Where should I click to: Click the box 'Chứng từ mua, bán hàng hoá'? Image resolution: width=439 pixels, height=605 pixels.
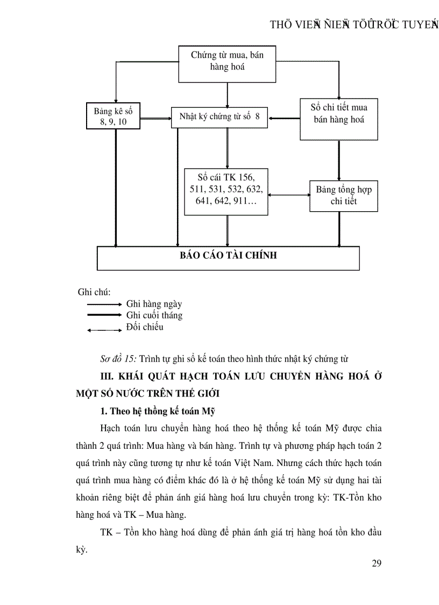pyautogui.click(x=227, y=61)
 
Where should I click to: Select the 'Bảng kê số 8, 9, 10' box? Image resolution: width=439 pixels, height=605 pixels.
pyautogui.click(x=114, y=116)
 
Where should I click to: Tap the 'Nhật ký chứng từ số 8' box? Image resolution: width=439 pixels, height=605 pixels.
pyautogui.click(x=219, y=117)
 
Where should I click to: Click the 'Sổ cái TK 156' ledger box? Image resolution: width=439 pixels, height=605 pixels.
pyautogui.click(x=226, y=192)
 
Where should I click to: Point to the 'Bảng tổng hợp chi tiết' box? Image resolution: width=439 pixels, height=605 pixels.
pyautogui.click(x=343, y=196)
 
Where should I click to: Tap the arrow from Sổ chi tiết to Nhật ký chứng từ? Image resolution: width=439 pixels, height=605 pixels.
pyautogui.click(x=284, y=117)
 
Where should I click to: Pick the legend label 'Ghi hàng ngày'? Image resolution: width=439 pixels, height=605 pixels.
pyautogui.click(x=154, y=304)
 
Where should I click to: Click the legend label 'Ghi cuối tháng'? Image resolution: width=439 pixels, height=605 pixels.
pyautogui.click(x=154, y=315)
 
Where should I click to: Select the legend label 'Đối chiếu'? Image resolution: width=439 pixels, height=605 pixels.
pyautogui.click(x=145, y=327)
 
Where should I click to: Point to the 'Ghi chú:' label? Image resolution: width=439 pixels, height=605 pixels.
pyautogui.click(x=94, y=293)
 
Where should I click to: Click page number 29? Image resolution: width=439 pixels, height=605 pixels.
pyautogui.click(x=376, y=564)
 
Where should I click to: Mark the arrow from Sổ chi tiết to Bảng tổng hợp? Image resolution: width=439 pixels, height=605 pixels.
pyautogui.click(x=339, y=160)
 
